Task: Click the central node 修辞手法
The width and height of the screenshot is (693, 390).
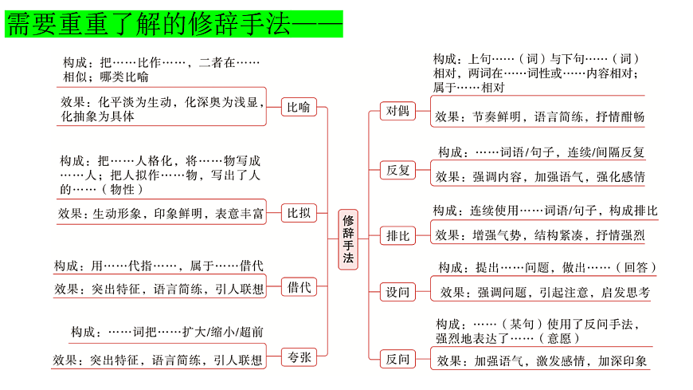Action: click(x=349, y=238)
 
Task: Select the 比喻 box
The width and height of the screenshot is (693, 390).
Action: click(x=299, y=107)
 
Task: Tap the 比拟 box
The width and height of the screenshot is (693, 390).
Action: click(x=299, y=213)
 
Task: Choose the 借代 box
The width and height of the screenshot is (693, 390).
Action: click(x=299, y=287)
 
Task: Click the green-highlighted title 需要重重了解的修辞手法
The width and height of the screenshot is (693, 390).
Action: click(x=174, y=25)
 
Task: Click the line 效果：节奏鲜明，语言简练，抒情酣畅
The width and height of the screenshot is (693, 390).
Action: click(x=539, y=116)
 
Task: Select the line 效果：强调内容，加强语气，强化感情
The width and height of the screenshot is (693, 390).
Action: click(x=540, y=176)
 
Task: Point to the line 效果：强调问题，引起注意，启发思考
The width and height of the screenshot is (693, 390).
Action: click(x=545, y=293)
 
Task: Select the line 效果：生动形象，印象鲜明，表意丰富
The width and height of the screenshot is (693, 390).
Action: click(x=161, y=214)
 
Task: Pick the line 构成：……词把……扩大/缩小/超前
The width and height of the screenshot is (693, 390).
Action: click(x=167, y=332)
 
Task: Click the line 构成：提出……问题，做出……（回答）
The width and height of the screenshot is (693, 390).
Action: click(x=548, y=268)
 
